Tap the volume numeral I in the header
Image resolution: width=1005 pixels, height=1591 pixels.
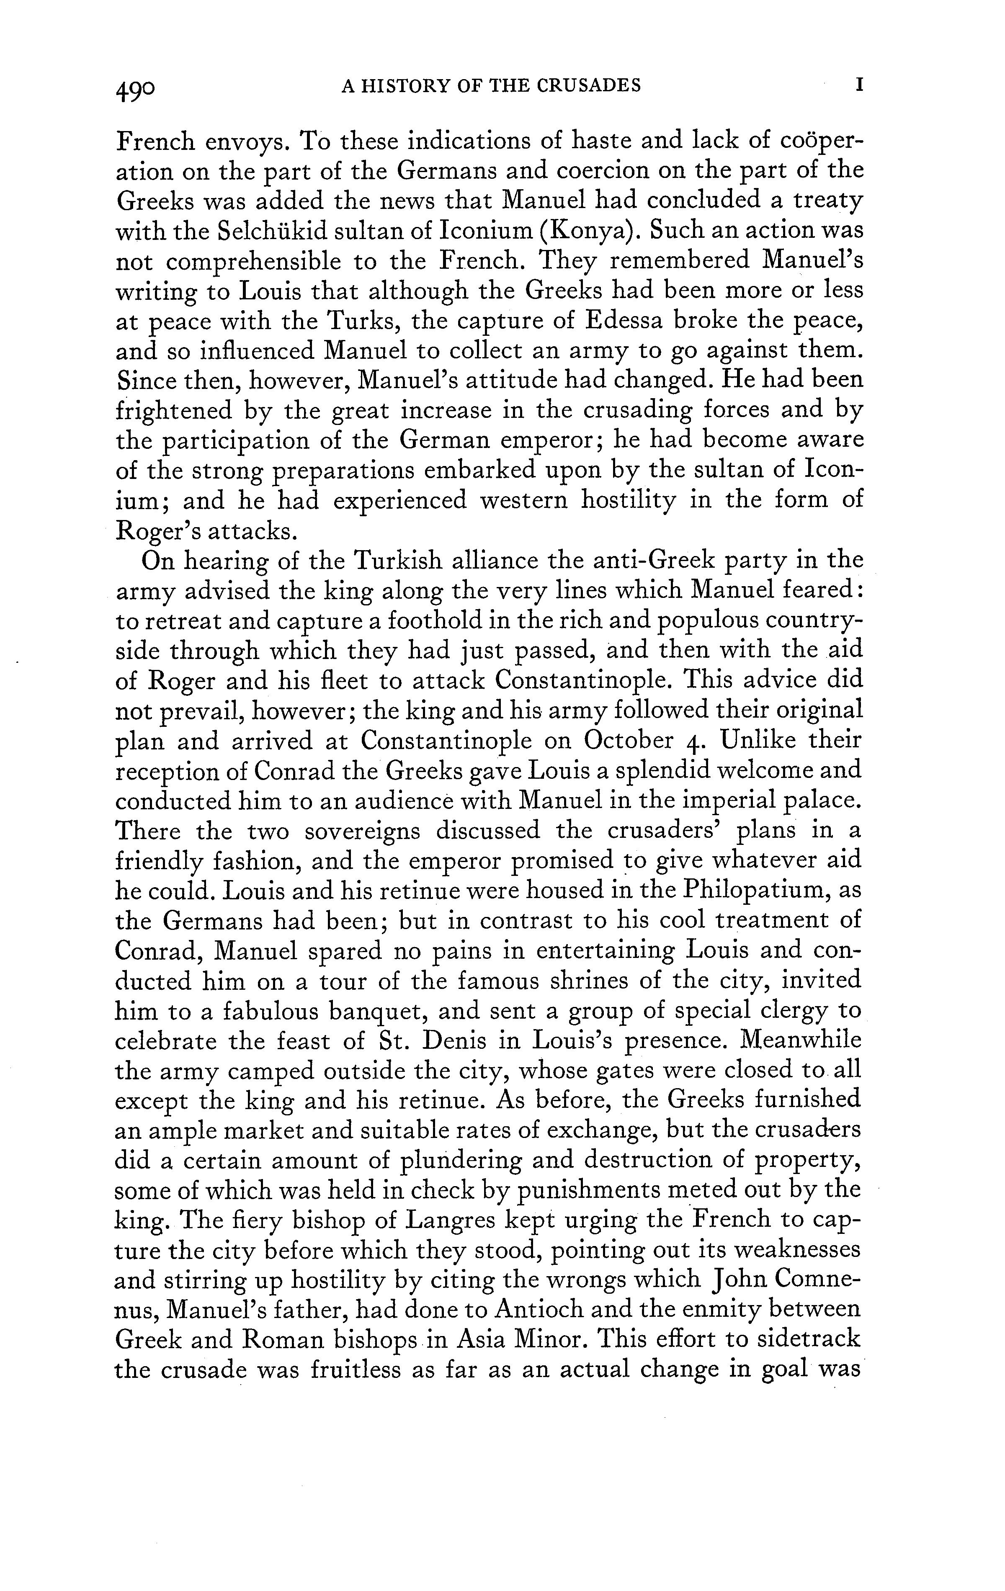click(858, 86)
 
